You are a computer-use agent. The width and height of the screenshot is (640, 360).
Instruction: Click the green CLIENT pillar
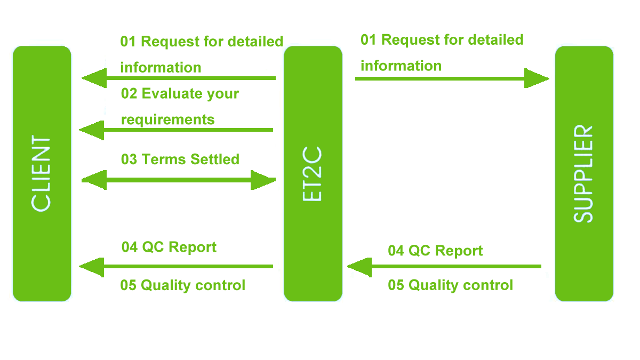click(42, 174)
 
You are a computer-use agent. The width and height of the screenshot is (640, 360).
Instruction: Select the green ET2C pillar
click(313, 174)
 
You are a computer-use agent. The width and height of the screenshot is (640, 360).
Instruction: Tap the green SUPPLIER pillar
click(584, 174)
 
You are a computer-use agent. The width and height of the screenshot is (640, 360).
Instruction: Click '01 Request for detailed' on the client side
click(202, 42)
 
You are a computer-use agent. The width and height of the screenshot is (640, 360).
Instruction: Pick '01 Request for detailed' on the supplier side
click(442, 40)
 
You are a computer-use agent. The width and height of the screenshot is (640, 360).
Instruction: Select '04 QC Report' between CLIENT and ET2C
click(169, 247)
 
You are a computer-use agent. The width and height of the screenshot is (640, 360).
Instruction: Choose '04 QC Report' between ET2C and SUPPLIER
click(435, 251)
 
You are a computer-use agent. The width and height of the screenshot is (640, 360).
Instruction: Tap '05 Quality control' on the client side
click(183, 285)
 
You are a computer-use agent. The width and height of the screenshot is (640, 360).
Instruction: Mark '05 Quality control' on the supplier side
click(450, 285)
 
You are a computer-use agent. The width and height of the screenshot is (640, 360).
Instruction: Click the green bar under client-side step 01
click(178, 78)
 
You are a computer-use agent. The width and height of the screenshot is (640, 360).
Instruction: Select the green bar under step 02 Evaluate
click(176, 131)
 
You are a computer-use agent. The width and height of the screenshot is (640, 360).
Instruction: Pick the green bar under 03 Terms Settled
click(178, 180)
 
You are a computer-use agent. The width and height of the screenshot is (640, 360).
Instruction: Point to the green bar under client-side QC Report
click(176, 267)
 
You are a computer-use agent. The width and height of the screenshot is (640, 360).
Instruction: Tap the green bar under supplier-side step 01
click(452, 78)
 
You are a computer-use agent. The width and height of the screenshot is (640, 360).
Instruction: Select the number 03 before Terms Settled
click(129, 159)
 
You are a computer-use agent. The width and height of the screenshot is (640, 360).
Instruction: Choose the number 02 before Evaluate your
click(129, 94)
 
